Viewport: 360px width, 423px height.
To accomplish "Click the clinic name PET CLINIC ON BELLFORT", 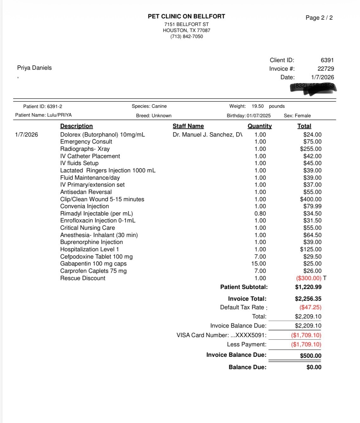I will click(186, 16).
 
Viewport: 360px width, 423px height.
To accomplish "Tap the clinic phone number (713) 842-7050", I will click(186, 36).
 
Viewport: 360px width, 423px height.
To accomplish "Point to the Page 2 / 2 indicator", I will click(319, 18).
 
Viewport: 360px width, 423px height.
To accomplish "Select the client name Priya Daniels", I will click(34, 68).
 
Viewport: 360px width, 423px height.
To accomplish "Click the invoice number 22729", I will click(325, 69).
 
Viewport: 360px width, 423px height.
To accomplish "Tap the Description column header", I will click(76, 126).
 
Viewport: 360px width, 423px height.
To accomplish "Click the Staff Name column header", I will click(188, 126).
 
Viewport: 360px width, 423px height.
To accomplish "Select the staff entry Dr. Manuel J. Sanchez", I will click(207, 135).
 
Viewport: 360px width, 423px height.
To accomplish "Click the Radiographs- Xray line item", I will click(85, 149).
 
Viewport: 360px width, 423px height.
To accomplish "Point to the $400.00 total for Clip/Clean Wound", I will click(311, 199).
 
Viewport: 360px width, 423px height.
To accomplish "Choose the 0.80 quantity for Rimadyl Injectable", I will click(260, 214).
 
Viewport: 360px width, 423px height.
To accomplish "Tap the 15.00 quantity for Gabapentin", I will click(259, 264).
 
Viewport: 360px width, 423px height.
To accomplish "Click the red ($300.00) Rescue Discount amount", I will click(308, 278).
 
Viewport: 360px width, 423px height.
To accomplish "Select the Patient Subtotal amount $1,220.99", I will click(308, 287).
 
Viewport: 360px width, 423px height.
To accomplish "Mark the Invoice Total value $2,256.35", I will click(308, 299).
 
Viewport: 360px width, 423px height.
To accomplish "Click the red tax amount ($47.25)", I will click(310, 307).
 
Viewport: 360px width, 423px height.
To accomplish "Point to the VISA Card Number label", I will click(222, 335).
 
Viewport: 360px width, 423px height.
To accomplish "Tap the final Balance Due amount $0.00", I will click(314, 367).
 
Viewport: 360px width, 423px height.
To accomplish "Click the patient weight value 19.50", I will click(258, 106).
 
